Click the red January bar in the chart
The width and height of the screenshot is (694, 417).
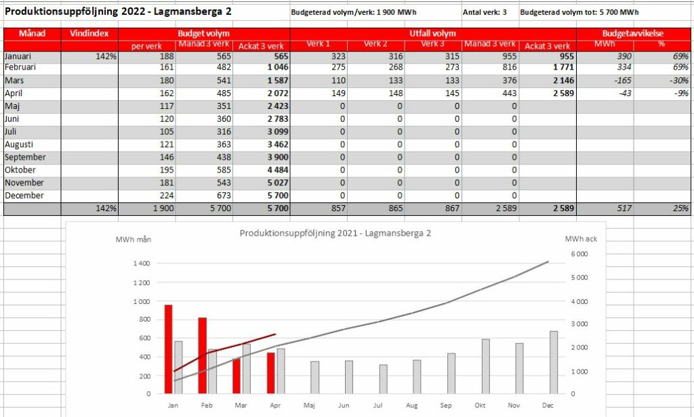(168, 349)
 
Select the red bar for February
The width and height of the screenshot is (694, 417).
(202, 355)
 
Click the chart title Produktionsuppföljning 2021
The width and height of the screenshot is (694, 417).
(335, 233)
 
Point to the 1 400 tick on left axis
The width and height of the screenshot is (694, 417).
(142, 263)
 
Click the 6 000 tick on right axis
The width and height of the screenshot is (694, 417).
(579, 254)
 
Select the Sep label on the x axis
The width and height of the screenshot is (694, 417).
(446, 405)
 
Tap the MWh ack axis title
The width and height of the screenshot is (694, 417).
(581, 239)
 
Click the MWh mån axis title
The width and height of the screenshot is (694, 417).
(134, 239)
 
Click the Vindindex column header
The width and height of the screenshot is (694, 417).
(89, 33)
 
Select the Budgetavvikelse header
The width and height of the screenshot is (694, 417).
(633, 33)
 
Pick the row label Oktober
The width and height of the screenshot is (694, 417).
(20, 170)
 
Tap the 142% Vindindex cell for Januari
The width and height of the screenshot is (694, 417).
(106, 56)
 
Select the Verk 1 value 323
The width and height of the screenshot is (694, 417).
(338, 56)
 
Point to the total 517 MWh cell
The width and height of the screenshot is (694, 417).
(624, 208)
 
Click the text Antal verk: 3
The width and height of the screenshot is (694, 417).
(485, 12)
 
